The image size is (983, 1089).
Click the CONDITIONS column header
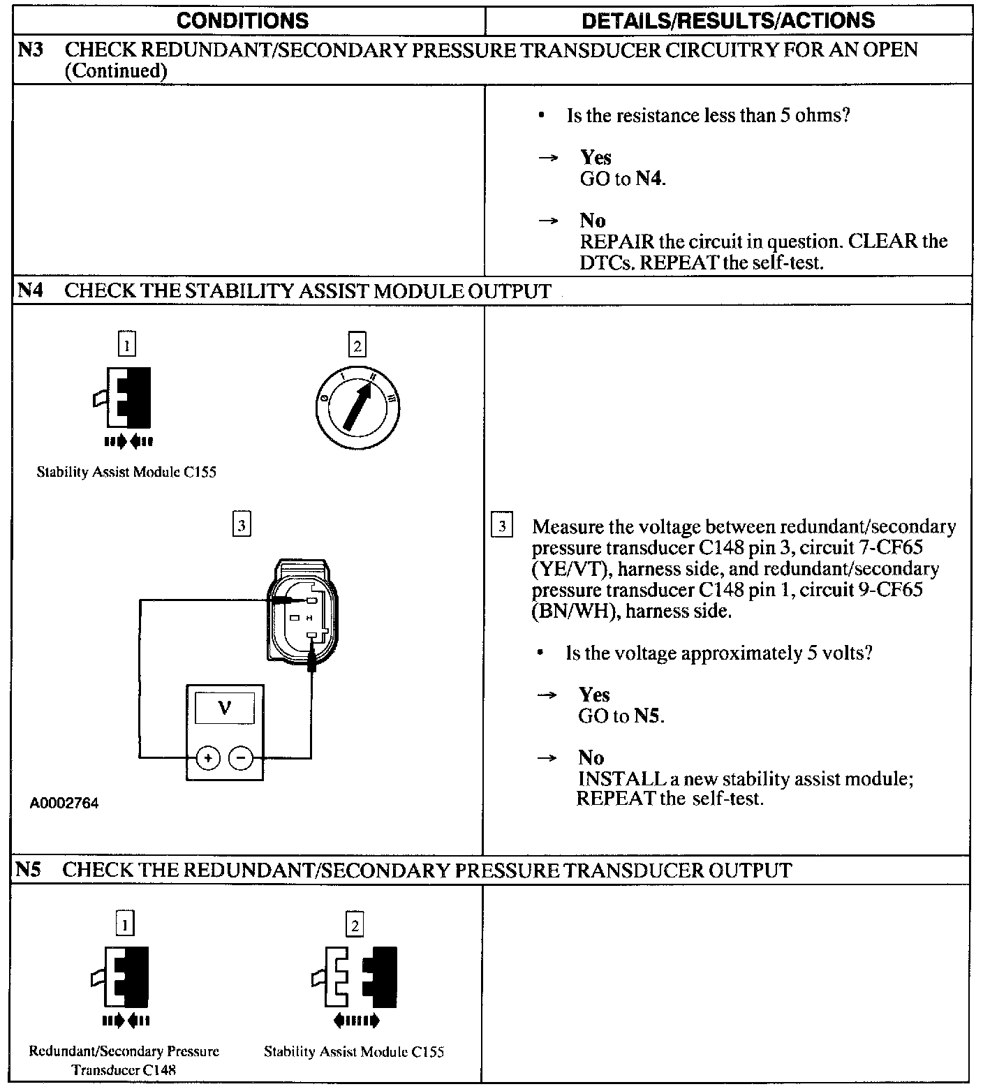click(x=242, y=21)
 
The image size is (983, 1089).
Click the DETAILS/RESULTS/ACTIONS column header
click(x=727, y=21)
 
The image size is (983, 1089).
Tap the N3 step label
click(x=30, y=50)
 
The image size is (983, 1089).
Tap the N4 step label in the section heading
click(x=30, y=290)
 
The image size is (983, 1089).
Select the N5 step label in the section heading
click(x=29, y=870)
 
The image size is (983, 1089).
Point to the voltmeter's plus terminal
click(x=207, y=757)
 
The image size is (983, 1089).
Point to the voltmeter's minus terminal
click(x=241, y=757)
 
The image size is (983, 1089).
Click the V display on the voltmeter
click(x=225, y=709)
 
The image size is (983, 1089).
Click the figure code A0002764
click(x=64, y=803)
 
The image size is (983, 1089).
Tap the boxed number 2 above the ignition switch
click(x=357, y=346)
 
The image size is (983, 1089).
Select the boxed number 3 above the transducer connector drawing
click(x=241, y=525)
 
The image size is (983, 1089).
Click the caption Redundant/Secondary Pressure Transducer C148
click(x=124, y=1060)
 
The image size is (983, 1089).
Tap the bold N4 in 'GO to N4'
click(x=649, y=179)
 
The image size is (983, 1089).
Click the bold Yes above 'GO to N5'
click(x=594, y=695)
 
